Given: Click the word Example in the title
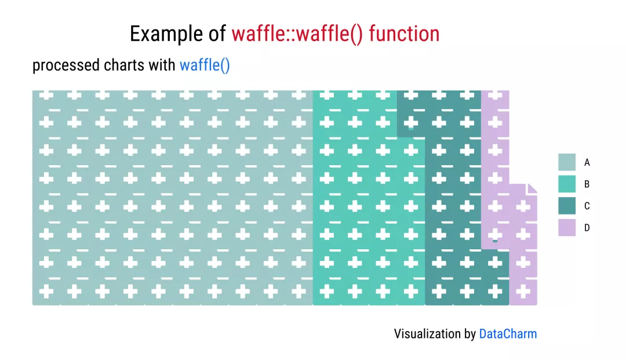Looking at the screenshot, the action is click(166, 34).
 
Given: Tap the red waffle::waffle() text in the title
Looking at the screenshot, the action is click(297, 34).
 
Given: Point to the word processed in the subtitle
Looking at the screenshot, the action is click(66, 66).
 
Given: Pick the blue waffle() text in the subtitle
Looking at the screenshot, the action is click(205, 66).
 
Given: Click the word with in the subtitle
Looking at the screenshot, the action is click(162, 65).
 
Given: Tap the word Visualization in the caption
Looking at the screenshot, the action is click(427, 334).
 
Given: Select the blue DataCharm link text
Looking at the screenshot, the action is click(508, 334).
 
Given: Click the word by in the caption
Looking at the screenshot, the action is click(470, 334).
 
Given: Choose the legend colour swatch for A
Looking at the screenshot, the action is click(567, 162).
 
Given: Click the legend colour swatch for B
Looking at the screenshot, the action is click(567, 184).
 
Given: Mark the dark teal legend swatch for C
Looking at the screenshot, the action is click(567, 206).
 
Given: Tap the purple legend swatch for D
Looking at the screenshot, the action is click(567, 227).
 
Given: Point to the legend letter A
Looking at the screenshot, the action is click(587, 162).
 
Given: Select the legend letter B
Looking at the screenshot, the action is click(587, 184).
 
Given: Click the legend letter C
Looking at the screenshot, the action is click(587, 206).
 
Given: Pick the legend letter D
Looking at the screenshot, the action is click(587, 227).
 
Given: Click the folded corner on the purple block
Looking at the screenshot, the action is click(532, 189).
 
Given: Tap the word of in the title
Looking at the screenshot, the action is click(217, 34).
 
